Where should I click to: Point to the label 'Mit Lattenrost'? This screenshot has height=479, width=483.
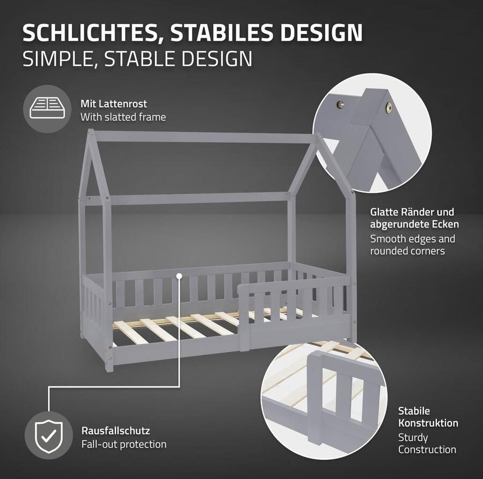114,103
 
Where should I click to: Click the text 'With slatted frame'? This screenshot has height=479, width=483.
123,116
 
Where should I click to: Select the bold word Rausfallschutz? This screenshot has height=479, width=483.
115,430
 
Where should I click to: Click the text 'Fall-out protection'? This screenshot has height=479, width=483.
124,444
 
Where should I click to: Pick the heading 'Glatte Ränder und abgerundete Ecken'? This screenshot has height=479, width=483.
414,218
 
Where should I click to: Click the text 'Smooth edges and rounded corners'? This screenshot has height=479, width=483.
412,244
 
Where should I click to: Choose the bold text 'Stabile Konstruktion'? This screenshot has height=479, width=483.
428,417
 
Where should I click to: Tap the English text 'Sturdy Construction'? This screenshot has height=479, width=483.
427,444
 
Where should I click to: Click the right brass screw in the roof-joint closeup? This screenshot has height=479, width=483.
387,108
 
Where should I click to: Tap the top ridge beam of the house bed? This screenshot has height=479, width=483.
204,137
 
